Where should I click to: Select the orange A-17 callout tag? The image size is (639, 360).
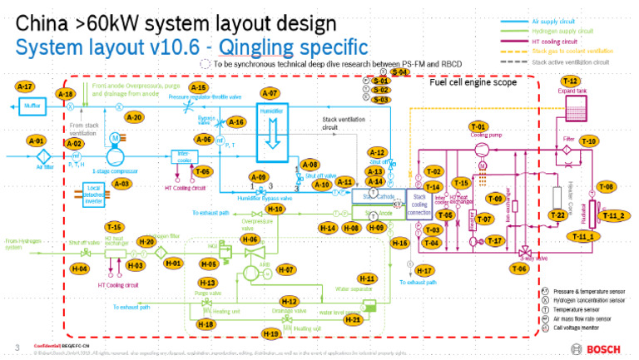click(25, 86)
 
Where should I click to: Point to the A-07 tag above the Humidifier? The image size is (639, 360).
click(270, 93)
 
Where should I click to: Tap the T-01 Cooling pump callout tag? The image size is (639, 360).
click(478, 126)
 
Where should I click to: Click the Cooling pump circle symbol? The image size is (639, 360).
click(479, 148)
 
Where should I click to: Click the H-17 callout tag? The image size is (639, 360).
click(424, 271)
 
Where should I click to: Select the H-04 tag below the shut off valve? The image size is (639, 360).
click(80, 269)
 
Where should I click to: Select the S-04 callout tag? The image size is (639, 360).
click(401, 73)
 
